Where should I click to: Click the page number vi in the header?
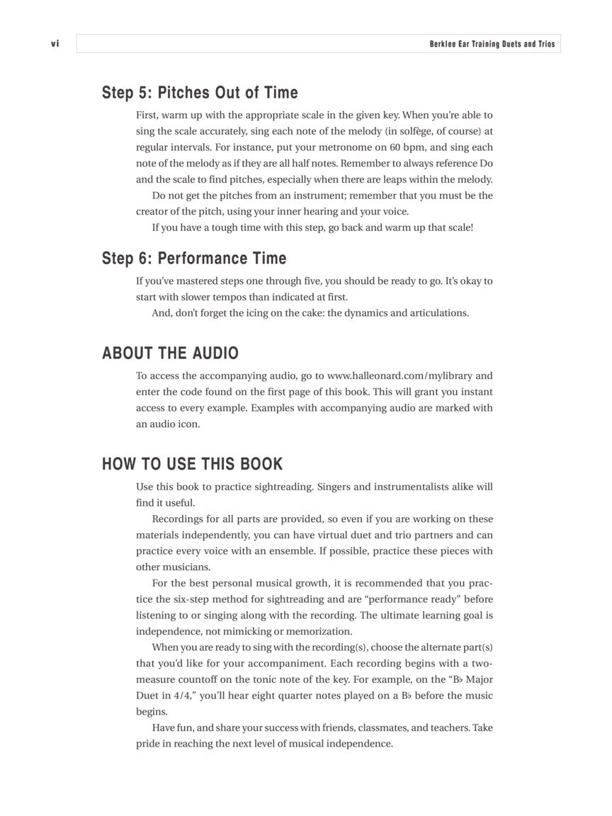(55, 44)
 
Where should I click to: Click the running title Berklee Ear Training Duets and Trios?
(492, 44)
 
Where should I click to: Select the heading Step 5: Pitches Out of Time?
(200, 93)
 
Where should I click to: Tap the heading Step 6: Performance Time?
(194, 259)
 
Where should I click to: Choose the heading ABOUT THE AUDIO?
(170, 353)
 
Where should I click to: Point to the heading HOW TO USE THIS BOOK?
(192, 464)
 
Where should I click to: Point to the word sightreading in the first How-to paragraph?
(285, 487)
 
